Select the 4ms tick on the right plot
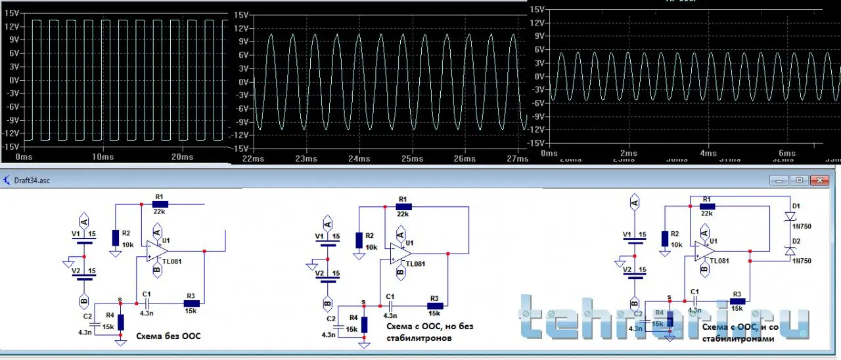pyautogui.click(x=708, y=153)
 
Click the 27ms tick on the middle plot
pyautogui.click(x=517, y=158)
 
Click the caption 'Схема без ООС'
pyautogui.click(x=168, y=336)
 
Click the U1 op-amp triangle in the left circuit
pyautogui.click(x=158, y=250)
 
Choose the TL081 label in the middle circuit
pyautogui.click(x=416, y=264)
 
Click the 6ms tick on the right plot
pyautogui.click(x=787, y=153)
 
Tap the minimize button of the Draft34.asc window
pyautogui.click(x=780, y=180)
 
